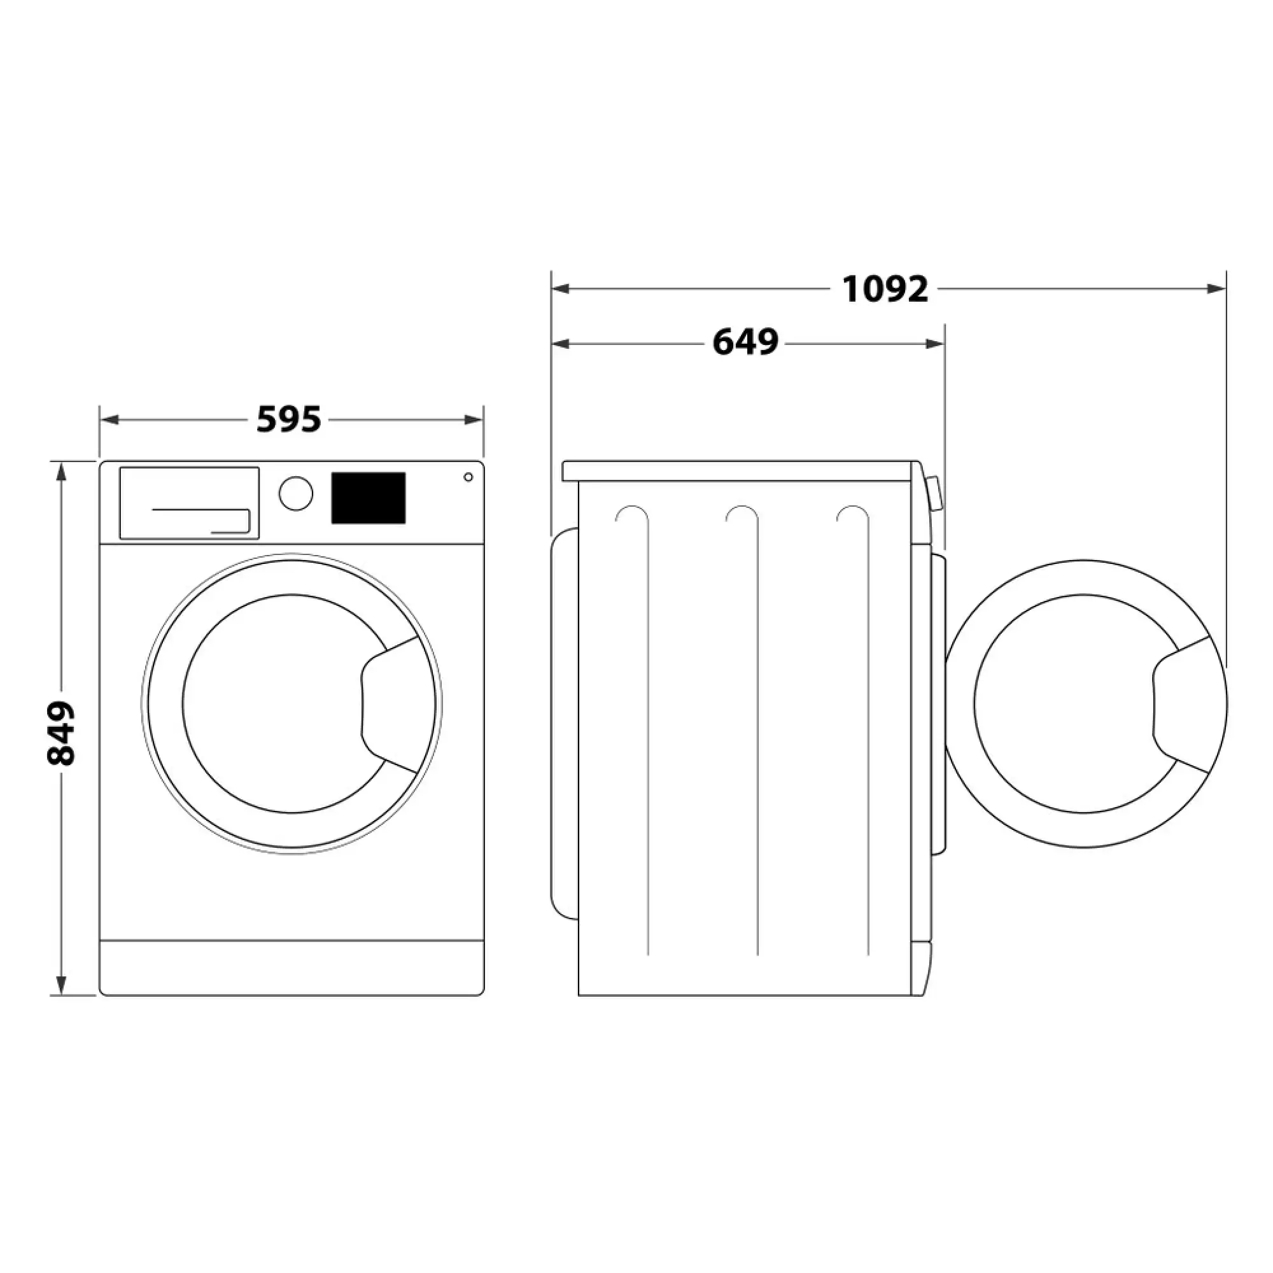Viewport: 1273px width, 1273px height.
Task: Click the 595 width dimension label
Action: pyautogui.click(x=288, y=419)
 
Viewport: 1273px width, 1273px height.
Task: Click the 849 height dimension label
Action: pyautogui.click(x=61, y=733)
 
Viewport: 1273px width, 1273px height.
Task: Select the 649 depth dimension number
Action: pyautogui.click(x=745, y=342)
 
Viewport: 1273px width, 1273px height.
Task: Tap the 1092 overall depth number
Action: pyautogui.click(x=885, y=288)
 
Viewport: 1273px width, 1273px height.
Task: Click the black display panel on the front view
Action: pyautogui.click(x=368, y=498)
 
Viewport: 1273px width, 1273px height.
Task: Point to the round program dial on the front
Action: pyautogui.click(x=296, y=493)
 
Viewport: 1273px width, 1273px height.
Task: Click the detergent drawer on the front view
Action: pyautogui.click(x=189, y=503)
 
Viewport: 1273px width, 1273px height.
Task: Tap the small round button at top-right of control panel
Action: pyautogui.click(x=468, y=477)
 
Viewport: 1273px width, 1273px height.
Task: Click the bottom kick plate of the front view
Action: pyautogui.click(x=292, y=967)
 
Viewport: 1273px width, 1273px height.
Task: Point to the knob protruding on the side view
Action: pyautogui.click(x=934, y=493)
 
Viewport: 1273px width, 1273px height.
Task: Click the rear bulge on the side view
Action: pyautogui.click(x=563, y=722)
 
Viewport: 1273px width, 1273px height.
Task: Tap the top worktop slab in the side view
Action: pyautogui.click(x=738, y=471)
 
